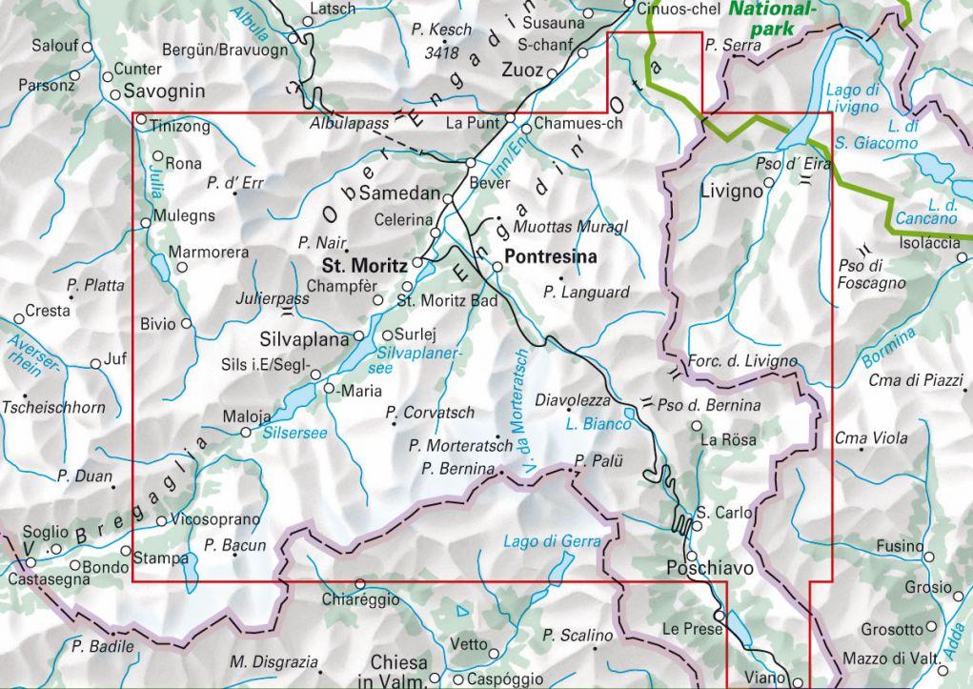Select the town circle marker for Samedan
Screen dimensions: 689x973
click(x=449, y=196)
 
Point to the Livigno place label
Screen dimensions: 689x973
click(x=732, y=191)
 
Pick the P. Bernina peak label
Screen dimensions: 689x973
click(x=457, y=468)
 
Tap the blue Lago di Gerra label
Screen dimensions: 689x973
click(x=553, y=541)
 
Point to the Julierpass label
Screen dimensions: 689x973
click(x=273, y=298)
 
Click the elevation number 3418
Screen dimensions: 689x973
click(x=442, y=52)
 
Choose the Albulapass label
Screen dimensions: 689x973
click(x=349, y=124)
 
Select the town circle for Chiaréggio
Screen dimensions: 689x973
click(x=360, y=583)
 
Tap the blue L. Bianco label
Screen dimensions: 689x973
click(x=598, y=423)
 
